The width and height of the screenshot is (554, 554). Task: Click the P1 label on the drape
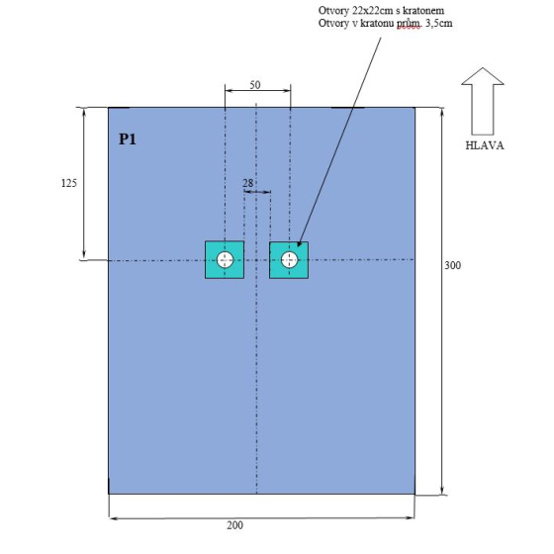coord(128,139)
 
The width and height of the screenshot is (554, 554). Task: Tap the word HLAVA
coord(485,145)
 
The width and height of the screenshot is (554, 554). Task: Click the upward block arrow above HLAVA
coord(483,101)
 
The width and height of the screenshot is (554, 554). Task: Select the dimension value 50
coord(255,85)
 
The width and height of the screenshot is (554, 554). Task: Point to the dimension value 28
coord(247,183)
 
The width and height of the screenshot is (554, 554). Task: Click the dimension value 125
coord(69,183)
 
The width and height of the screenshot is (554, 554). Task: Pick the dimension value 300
coord(453,265)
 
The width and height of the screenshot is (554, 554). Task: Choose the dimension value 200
coord(235,525)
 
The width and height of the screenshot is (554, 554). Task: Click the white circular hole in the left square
coord(225,260)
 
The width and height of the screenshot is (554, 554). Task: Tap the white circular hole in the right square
coord(289,260)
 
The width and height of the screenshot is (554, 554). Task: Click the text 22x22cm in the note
coord(372,11)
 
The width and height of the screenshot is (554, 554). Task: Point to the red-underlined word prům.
coord(409,24)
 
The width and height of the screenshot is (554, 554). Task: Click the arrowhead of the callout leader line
coord(300,243)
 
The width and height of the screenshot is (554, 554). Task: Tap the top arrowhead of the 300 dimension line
coord(442,111)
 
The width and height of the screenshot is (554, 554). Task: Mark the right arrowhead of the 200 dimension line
coord(411,518)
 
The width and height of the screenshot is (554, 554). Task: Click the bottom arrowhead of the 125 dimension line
coord(84,256)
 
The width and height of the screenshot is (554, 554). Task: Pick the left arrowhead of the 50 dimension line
coord(230,91)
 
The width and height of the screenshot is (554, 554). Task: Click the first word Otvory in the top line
coord(333,11)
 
